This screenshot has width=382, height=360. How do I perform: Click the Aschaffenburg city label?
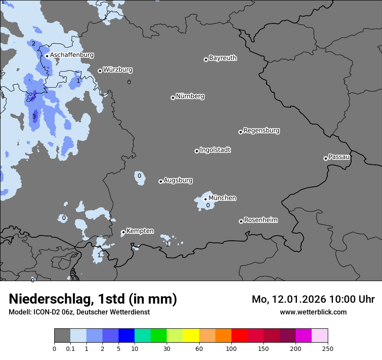[x=72, y=55]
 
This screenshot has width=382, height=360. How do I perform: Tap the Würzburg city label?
[x=118, y=70]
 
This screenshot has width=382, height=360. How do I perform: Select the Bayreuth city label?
[x=223, y=58]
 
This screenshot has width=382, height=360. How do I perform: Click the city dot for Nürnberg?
[x=173, y=98]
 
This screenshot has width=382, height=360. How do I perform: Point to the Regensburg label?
[x=261, y=131]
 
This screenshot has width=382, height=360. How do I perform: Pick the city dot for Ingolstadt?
[x=197, y=151]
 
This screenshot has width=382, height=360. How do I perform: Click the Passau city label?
[x=339, y=157]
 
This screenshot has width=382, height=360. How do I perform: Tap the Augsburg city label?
[x=178, y=180]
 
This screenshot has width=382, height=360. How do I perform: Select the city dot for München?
[x=205, y=199]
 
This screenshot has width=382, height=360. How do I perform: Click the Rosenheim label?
[x=260, y=220]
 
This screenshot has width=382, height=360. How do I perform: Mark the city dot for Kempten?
[x=123, y=232]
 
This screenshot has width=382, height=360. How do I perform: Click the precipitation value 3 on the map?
[x=34, y=116]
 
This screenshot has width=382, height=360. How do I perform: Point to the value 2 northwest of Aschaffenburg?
[x=33, y=43]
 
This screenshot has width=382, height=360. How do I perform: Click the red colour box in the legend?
[x=239, y=336]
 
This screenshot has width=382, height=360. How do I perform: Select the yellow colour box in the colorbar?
[x=191, y=336]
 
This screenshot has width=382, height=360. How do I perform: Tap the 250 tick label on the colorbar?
[x=328, y=348]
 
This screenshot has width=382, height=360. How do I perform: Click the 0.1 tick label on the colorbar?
[x=70, y=348]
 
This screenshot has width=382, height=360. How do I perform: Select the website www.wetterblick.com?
[x=313, y=312]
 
